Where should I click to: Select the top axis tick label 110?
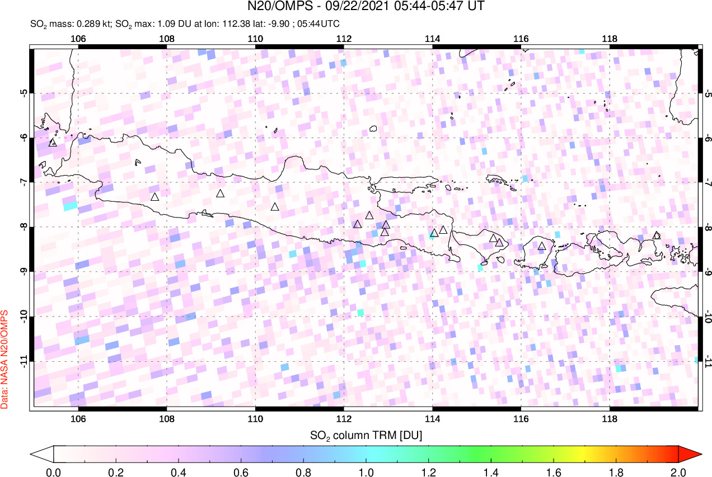click(x=255, y=39)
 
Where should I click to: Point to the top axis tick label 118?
click(x=609, y=39)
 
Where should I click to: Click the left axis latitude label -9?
click(x=24, y=272)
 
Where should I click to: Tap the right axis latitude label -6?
click(x=707, y=138)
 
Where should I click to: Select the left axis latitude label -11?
click(x=24, y=362)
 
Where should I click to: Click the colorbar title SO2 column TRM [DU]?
click(x=366, y=435)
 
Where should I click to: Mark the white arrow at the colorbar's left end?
click(x=43, y=453)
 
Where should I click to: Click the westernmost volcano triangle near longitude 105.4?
click(x=53, y=143)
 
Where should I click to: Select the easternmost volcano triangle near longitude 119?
click(x=657, y=235)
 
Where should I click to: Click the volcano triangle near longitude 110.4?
click(x=275, y=207)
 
